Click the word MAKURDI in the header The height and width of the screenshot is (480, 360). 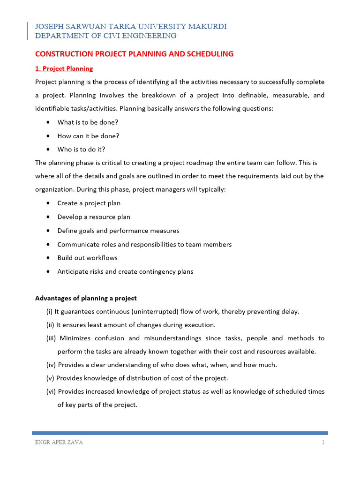pyautogui.click(x=207, y=27)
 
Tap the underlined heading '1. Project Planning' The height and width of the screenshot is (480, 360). pyautogui.click(x=64, y=69)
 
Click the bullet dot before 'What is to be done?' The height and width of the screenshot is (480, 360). pyautogui.click(x=49, y=122)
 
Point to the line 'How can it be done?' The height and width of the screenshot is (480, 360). pyautogui.click(x=88, y=136)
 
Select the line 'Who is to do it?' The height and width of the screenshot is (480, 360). pyautogui.click(x=81, y=150)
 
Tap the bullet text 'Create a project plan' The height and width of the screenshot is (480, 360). pyautogui.click(x=89, y=203)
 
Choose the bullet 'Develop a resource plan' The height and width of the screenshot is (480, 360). pyautogui.click(x=94, y=217)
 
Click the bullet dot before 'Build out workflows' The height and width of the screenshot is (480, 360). pyautogui.click(x=49, y=258)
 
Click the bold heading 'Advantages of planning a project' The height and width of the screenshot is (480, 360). pyautogui.click(x=86, y=299)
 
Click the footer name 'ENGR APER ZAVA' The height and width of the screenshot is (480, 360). pyautogui.click(x=59, y=443)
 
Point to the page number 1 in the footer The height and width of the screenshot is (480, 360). pyautogui.click(x=323, y=443)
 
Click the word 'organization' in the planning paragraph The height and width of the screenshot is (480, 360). pyautogui.click(x=54, y=190)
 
